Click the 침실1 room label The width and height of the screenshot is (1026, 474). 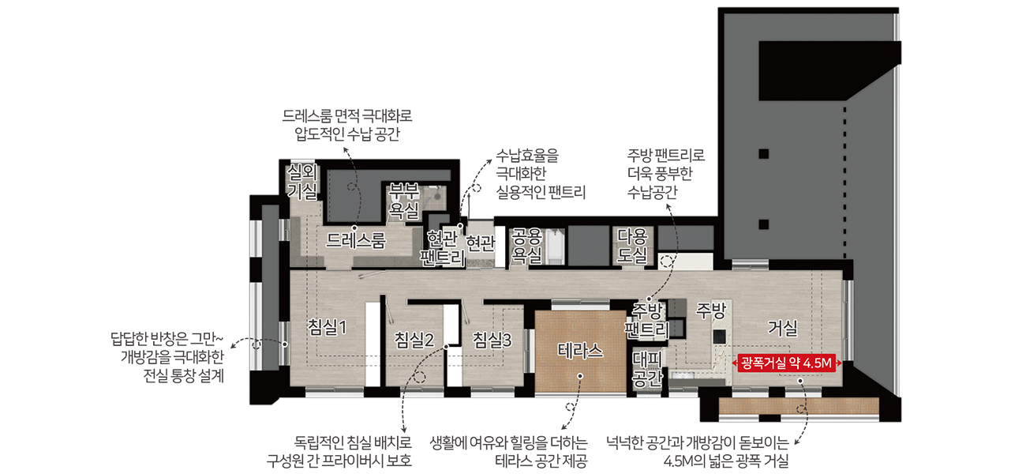click(x=327, y=327)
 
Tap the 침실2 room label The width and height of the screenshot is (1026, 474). click(x=414, y=340)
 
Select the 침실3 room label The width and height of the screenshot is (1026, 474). click(x=492, y=340)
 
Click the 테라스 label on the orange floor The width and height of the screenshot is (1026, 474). click(x=580, y=351)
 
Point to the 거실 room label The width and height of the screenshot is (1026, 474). click(x=782, y=328)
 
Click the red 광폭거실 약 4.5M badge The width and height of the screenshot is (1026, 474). click(x=786, y=363)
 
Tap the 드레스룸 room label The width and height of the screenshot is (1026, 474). click(x=356, y=240)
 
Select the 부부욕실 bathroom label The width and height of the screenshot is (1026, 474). click(x=403, y=201)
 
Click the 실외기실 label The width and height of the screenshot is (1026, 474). click(x=301, y=182)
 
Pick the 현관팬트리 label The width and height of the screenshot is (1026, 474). click(x=443, y=248)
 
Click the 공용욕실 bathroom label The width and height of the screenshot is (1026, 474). click(x=526, y=246)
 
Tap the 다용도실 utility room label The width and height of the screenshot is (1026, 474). click(x=632, y=246)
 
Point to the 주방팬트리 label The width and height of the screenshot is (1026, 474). click(x=646, y=321)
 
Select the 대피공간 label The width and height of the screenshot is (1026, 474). click(x=646, y=369)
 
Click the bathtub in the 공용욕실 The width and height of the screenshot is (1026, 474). click(x=555, y=246)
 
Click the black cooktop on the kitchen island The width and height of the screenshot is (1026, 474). click(x=719, y=337)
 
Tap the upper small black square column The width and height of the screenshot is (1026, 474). click(x=763, y=153)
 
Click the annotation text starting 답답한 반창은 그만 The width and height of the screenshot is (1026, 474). click(x=167, y=357)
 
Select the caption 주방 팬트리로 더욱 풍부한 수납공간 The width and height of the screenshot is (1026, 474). click(x=665, y=173)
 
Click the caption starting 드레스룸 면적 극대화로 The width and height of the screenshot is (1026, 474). click(x=347, y=125)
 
